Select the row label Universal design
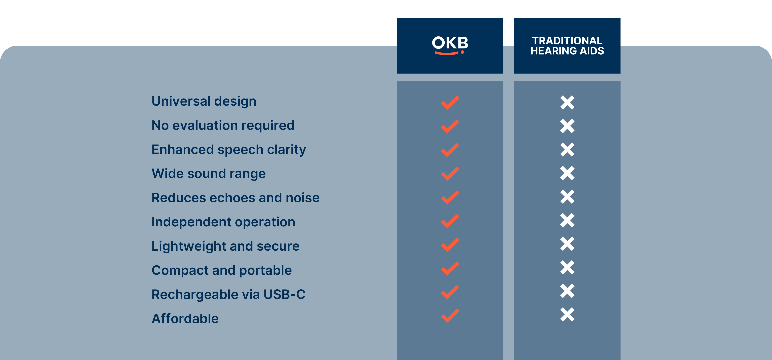coord(204,101)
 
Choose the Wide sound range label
coord(209,174)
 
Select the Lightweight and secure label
coord(225,246)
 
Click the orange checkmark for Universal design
coord(450,103)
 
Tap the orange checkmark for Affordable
coord(450,316)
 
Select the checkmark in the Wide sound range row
coord(450,174)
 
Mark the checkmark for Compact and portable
coord(450,268)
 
